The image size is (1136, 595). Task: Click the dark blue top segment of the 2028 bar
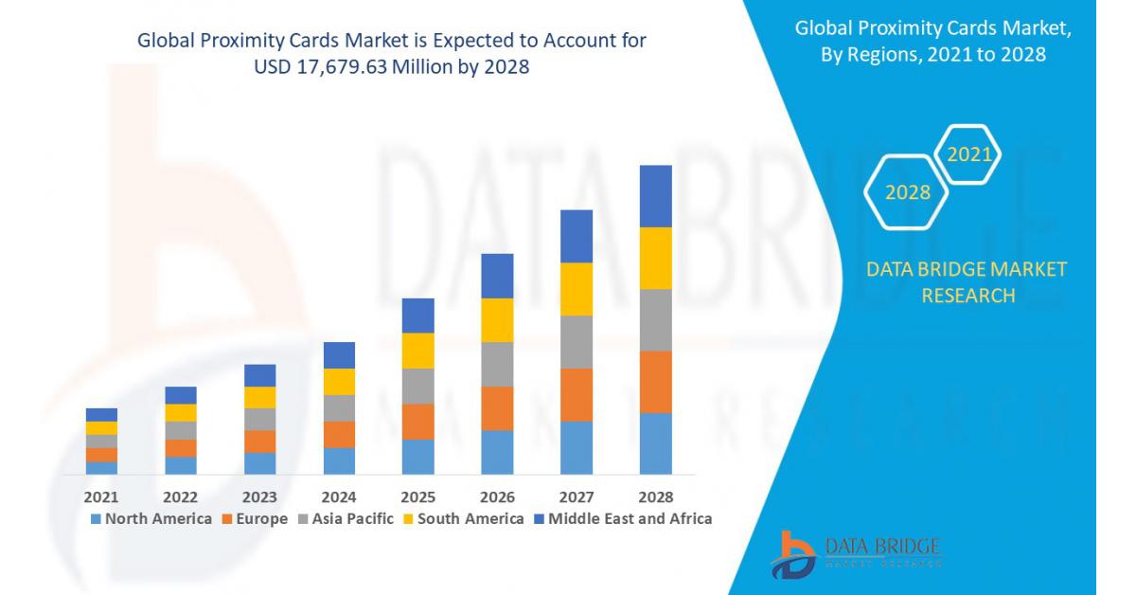[x=656, y=196]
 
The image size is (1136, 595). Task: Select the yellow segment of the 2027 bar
[x=577, y=289]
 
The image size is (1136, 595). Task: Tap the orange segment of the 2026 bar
[x=497, y=408]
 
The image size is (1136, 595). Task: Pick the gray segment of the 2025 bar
[x=417, y=386]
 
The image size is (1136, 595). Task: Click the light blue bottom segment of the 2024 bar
[x=339, y=460]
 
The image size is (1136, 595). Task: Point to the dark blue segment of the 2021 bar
[x=101, y=415]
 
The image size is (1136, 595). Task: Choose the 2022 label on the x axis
[x=181, y=496]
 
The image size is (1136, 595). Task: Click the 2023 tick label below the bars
[x=259, y=496]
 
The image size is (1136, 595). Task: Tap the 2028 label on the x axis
[x=656, y=496]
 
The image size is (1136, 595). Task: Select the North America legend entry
[x=151, y=518]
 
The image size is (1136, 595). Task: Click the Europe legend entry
[x=255, y=518]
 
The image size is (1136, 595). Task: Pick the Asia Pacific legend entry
[x=346, y=518]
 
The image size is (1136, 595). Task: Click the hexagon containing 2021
[x=968, y=154]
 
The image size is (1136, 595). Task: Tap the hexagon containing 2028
[x=907, y=192]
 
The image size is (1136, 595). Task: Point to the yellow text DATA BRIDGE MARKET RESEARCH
[x=967, y=282]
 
